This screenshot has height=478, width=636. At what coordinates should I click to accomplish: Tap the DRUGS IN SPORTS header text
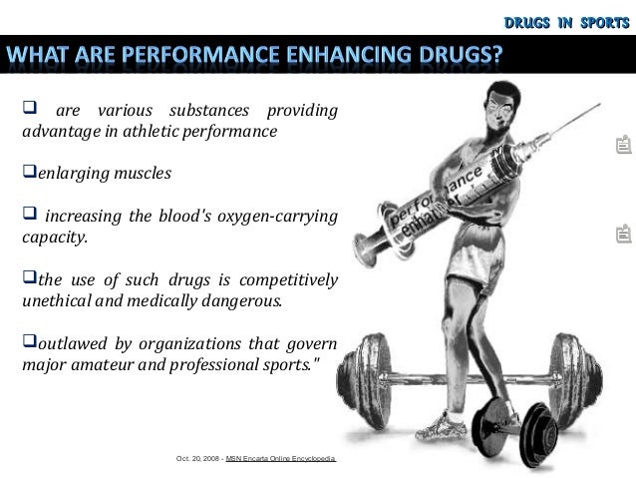[566, 17]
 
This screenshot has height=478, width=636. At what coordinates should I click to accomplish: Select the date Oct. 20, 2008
[197, 459]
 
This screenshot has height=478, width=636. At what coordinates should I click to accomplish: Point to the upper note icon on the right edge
[623, 149]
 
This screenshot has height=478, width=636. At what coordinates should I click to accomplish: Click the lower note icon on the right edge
[623, 236]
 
